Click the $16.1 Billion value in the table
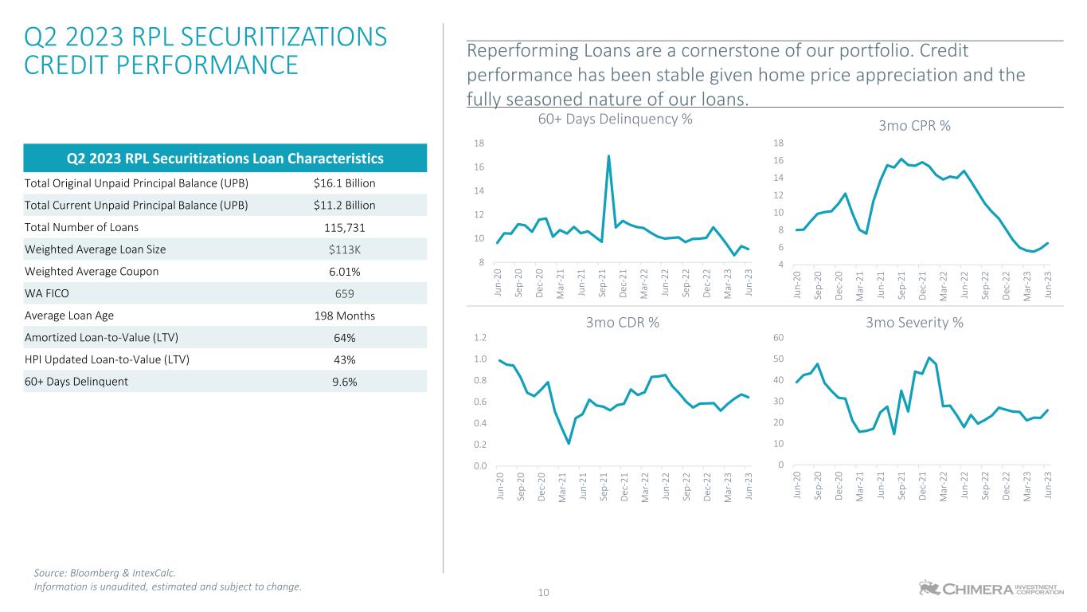pos(344,183)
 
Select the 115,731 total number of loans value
pos(344,227)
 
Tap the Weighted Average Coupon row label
pos(91,271)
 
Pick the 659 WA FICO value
pos(344,293)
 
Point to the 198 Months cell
pos(344,315)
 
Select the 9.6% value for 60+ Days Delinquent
pos(344,381)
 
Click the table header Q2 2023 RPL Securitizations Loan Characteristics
pos(225,159)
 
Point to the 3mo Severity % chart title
pos(914,323)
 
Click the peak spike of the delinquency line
pos(608,156)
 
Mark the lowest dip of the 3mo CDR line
pos(569,443)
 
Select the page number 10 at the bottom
pos(544,593)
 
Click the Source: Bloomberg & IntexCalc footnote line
pos(104,572)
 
